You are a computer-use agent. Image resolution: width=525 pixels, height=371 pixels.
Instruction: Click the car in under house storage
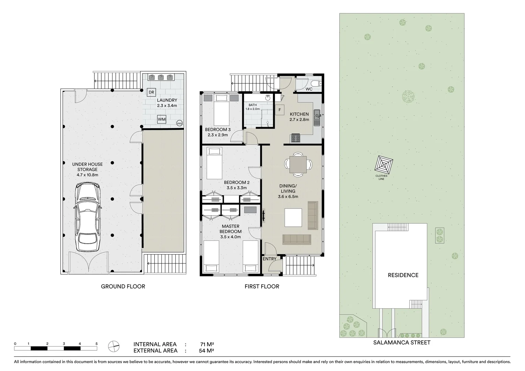click(88, 217)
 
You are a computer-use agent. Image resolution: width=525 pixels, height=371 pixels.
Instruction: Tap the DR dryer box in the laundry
click(151, 92)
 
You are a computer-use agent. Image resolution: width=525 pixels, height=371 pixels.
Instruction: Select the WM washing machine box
click(161, 120)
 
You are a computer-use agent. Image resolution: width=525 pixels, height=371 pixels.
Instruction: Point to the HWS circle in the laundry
click(179, 123)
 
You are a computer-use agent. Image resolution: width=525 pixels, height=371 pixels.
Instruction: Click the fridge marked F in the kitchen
click(279, 110)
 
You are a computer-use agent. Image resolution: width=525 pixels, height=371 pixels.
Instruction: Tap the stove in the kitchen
click(296, 138)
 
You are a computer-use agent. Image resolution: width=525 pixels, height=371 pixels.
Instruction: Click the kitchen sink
click(318, 117)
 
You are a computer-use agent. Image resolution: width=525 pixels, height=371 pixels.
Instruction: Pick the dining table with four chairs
click(298, 165)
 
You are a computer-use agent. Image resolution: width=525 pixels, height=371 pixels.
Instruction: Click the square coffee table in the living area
click(293, 217)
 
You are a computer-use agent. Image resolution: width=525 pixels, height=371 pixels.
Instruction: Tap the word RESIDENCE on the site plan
click(403, 275)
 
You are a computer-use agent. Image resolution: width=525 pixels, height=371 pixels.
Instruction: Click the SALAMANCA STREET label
click(402, 342)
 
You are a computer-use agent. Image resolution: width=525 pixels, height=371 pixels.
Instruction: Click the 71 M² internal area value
click(207, 344)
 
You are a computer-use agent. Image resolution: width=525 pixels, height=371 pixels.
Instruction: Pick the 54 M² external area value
click(207, 351)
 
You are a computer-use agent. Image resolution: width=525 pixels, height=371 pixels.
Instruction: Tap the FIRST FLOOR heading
click(262, 286)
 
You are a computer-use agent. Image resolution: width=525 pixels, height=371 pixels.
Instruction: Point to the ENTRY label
click(270, 259)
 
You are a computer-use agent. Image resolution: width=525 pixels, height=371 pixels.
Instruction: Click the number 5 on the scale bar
click(96, 344)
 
